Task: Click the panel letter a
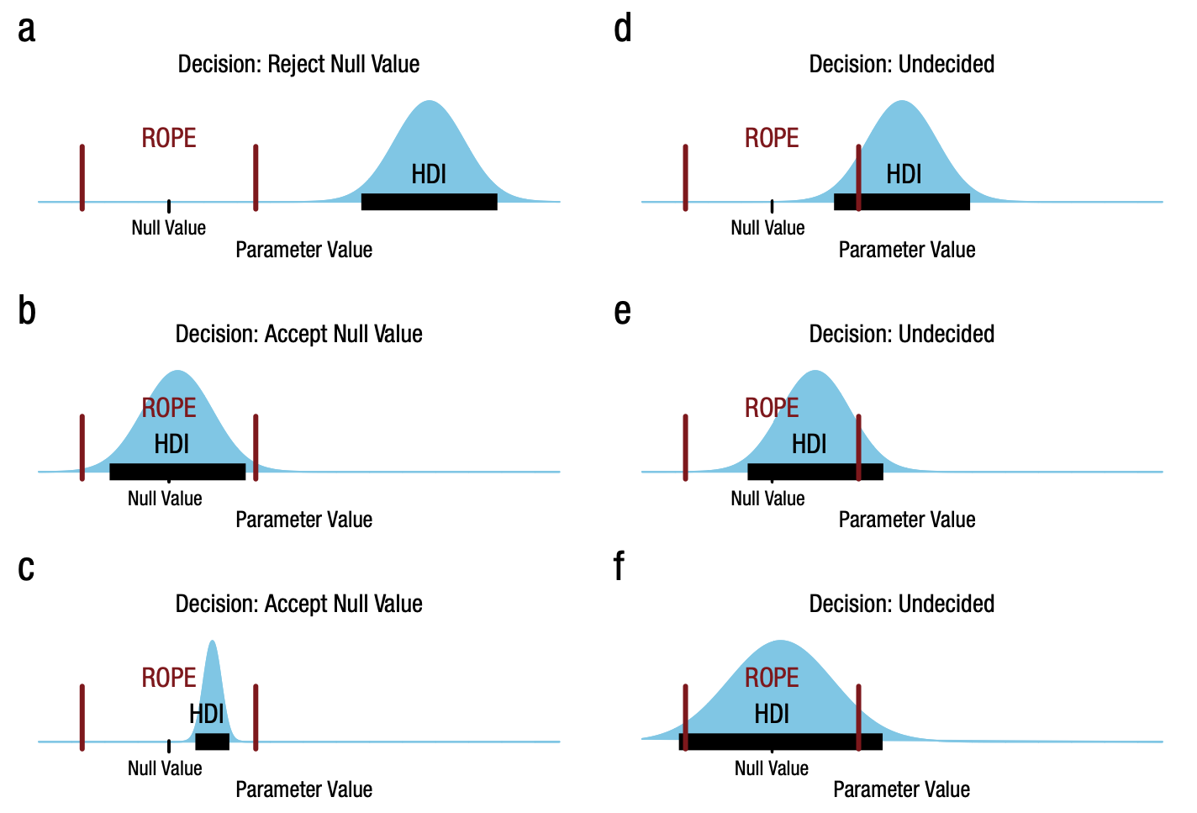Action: (26, 29)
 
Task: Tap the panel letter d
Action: (622, 29)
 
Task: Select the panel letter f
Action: (619, 567)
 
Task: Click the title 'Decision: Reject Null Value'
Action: (298, 64)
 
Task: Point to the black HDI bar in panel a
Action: (429, 202)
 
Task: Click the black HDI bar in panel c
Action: (212, 742)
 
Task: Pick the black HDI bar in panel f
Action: (780, 742)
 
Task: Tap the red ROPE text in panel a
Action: (169, 138)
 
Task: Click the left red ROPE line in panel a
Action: (82, 177)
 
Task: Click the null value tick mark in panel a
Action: (169, 205)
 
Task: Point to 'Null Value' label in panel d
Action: (767, 228)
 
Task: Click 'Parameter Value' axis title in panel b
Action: (303, 520)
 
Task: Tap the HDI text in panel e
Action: (809, 444)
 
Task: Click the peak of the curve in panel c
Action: (213, 642)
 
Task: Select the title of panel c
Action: (298, 604)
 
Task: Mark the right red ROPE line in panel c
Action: (256, 717)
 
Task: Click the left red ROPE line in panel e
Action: (686, 447)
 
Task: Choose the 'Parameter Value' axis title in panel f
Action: (901, 789)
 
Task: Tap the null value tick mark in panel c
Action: (169, 745)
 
